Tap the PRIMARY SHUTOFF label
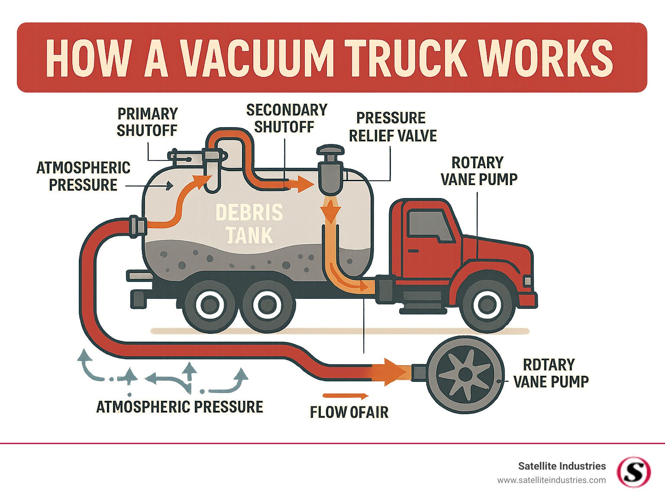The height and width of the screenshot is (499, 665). [x=147, y=122]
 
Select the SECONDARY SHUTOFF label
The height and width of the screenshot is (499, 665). [x=286, y=118]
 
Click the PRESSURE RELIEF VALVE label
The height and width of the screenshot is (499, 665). [x=392, y=127]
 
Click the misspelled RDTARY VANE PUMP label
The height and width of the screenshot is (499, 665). [x=550, y=373]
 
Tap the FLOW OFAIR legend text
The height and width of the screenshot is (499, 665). [x=349, y=412]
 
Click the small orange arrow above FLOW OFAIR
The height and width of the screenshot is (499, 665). [x=345, y=396]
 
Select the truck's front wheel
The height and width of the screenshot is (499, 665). [x=487, y=305]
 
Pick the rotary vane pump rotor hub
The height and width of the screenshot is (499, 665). [x=465, y=374]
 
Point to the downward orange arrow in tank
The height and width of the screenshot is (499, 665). [x=331, y=212]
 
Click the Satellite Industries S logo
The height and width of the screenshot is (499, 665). [x=634, y=472]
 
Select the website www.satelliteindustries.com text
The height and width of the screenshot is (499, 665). [x=551, y=480]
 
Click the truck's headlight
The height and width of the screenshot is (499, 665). [x=527, y=281]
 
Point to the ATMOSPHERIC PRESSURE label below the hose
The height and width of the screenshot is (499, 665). [x=180, y=407]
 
